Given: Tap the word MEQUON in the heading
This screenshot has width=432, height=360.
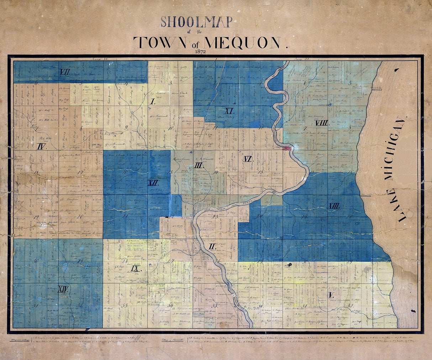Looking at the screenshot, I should click(246, 42).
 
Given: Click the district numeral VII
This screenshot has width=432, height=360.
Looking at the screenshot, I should click(64, 72).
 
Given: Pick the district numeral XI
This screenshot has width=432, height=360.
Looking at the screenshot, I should click(229, 110).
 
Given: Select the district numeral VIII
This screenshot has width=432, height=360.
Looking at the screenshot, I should click(321, 123).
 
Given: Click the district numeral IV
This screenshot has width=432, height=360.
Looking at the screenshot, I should click(41, 146).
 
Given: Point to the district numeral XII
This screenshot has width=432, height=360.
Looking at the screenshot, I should click(153, 183).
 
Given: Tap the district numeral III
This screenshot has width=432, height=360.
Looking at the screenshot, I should click(199, 165).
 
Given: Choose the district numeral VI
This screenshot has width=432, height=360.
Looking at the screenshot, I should click(248, 159).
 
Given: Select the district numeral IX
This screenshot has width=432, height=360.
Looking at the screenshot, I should click(135, 269).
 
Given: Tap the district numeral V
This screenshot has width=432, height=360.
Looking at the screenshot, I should click(331, 295).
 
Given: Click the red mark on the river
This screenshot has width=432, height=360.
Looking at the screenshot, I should click(287, 148).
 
